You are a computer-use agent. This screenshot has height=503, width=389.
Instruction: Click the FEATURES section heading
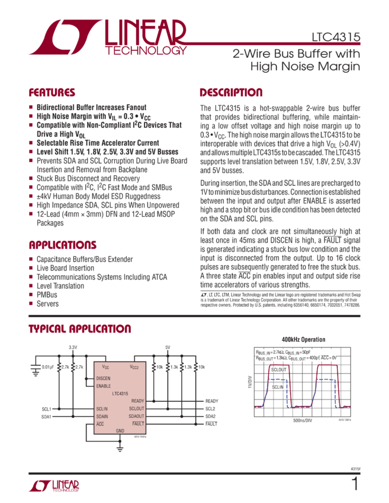click(x=52, y=93)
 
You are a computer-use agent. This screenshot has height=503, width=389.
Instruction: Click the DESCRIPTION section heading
click(x=231, y=93)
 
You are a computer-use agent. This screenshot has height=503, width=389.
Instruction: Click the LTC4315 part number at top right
click(x=336, y=37)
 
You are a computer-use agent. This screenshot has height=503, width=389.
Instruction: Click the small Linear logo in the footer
click(x=53, y=486)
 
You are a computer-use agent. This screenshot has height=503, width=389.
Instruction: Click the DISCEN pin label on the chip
click(x=104, y=378)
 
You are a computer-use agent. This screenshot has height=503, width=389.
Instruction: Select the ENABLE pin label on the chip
click(x=104, y=385)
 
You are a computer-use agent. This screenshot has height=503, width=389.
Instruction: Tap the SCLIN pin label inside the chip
click(x=102, y=408)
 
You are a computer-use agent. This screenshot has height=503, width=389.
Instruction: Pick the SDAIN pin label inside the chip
click(x=102, y=416)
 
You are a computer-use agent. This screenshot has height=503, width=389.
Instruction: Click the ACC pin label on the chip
click(x=99, y=424)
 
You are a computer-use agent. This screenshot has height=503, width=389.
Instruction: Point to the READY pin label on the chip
click(x=137, y=401)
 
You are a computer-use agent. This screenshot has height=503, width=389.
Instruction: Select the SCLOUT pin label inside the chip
click(x=136, y=408)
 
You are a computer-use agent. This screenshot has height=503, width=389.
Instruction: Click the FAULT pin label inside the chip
click(x=137, y=424)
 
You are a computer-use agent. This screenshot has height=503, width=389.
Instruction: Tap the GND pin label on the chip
click(x=120, y=430)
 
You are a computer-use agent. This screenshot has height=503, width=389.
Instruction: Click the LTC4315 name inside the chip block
click(x=120, y=393)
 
